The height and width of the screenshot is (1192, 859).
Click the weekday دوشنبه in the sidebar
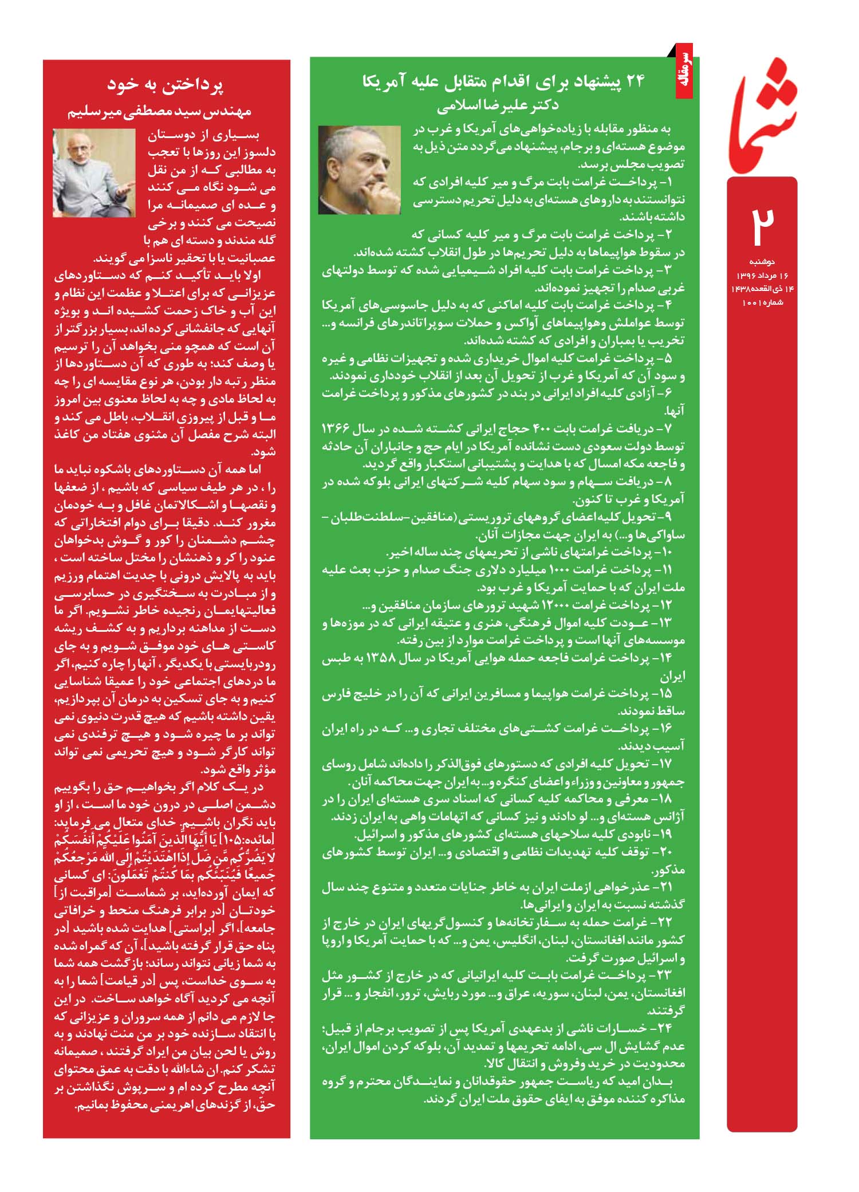pos(762,262)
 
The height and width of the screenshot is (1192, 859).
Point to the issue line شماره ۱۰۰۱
pos(762,302)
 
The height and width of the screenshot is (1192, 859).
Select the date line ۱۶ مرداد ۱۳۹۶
pos(762,276)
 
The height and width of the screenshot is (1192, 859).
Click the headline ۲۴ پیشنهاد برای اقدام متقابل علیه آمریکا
pos(503,82)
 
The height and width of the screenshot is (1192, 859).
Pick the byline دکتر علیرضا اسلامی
pos(498,105)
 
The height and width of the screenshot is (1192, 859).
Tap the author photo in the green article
pos(360,170)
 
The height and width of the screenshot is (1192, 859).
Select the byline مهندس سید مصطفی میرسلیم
pos(160,111)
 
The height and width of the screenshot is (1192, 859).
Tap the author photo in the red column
pos(94,172)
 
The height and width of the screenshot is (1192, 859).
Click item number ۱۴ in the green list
pos(665,658)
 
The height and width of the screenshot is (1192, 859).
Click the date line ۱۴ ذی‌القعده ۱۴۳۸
pos(762,289)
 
